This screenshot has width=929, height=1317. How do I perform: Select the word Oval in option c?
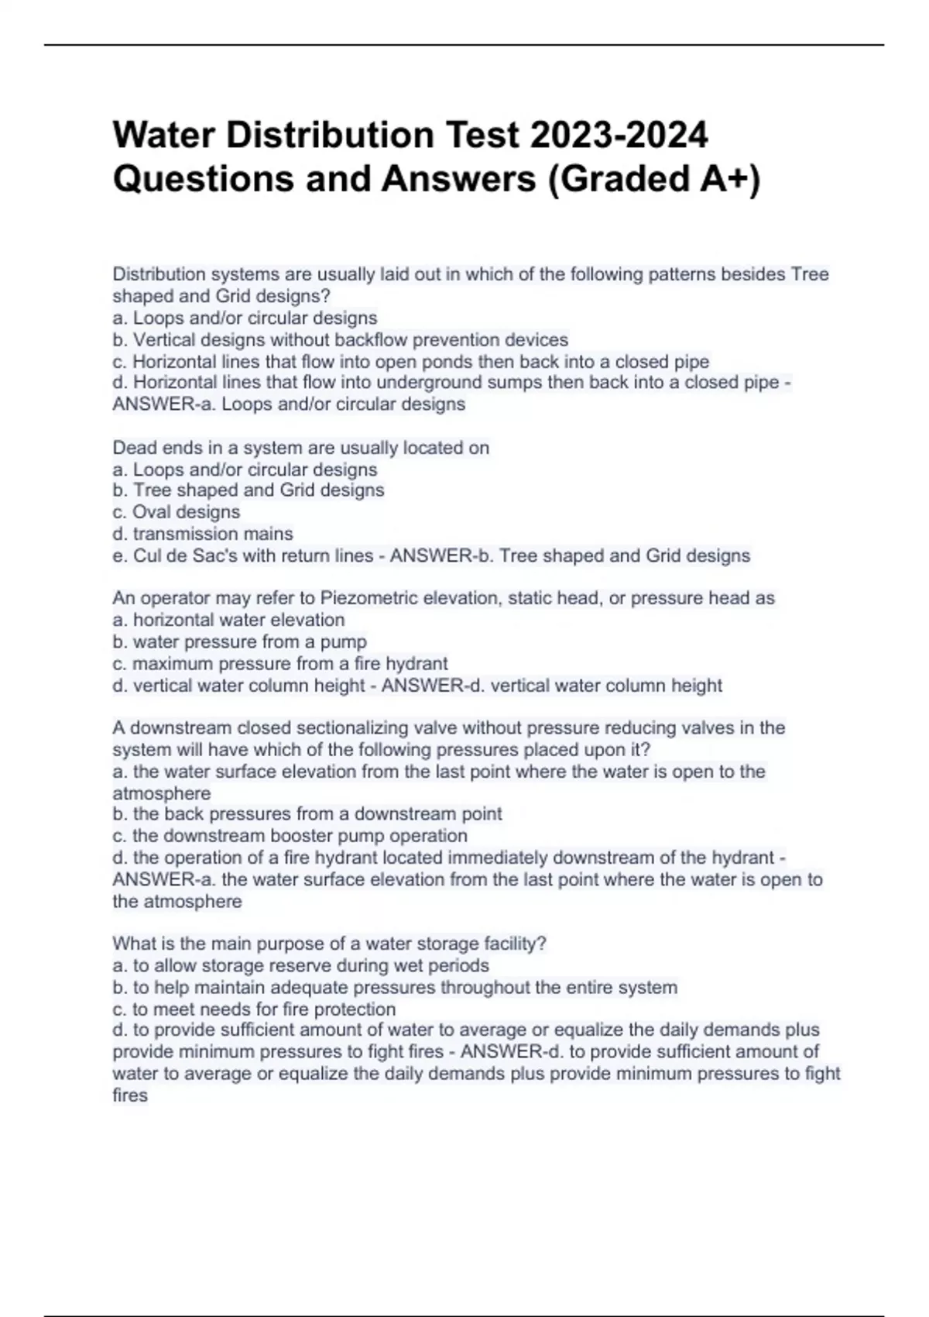(x=152, y=512)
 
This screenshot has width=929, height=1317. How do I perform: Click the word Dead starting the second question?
(x=132, y=448)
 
